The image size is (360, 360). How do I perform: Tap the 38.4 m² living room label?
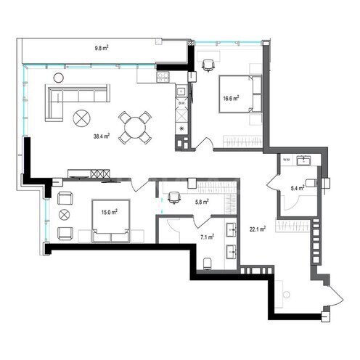pos(101,136)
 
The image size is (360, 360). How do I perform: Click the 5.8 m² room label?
pos(202,202)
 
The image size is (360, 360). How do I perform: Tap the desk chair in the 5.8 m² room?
pos(173,195)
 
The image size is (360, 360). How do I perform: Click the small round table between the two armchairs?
pos(64,215)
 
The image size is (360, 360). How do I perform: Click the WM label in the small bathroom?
pos(286,158)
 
